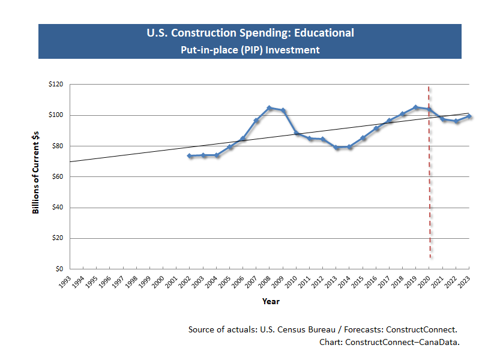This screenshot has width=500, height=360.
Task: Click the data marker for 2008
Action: (x=270, y=108)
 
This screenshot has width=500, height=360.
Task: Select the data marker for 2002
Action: (x=190, y=156)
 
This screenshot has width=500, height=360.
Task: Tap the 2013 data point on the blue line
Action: (x=336, y=147)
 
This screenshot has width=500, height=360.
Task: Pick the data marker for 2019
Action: (x=416, y=107)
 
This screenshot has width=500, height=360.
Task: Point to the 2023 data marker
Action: (x=469, y=116)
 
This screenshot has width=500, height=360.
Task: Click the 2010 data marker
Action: (x=297, y=133)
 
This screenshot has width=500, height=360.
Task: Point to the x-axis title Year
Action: (x=270, y=301)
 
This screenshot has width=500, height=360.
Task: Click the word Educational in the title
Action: (x=324, y=33)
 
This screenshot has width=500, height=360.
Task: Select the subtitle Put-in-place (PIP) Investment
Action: (x=250, y=50)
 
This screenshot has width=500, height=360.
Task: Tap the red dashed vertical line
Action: (x=430, y=180)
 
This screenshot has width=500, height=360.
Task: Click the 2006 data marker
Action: (x=243, y=139)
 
